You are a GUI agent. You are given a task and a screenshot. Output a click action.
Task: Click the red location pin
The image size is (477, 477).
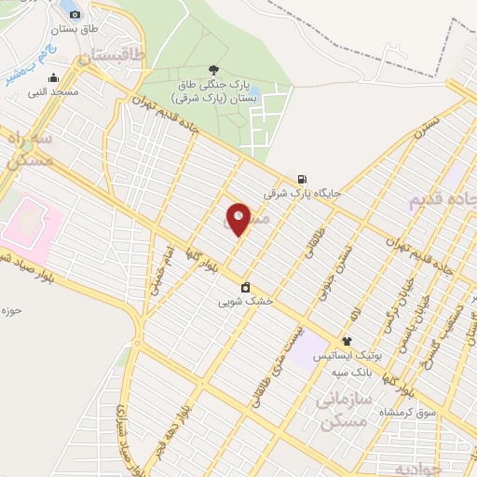(238, 219)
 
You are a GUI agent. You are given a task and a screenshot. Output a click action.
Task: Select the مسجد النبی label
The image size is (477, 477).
(52, 91)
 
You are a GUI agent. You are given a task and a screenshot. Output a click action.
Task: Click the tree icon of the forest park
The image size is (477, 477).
(214, 69)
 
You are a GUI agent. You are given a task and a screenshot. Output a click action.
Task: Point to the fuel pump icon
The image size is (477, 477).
(301, 179)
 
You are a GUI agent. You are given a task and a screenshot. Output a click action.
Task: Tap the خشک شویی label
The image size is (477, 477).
(245, 302)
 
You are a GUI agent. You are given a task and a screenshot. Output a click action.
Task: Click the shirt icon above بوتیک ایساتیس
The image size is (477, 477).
(347, 342)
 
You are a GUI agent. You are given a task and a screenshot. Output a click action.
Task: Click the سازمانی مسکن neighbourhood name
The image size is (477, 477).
(345, 411)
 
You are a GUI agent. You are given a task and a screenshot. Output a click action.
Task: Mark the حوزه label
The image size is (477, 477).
(11, 309)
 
